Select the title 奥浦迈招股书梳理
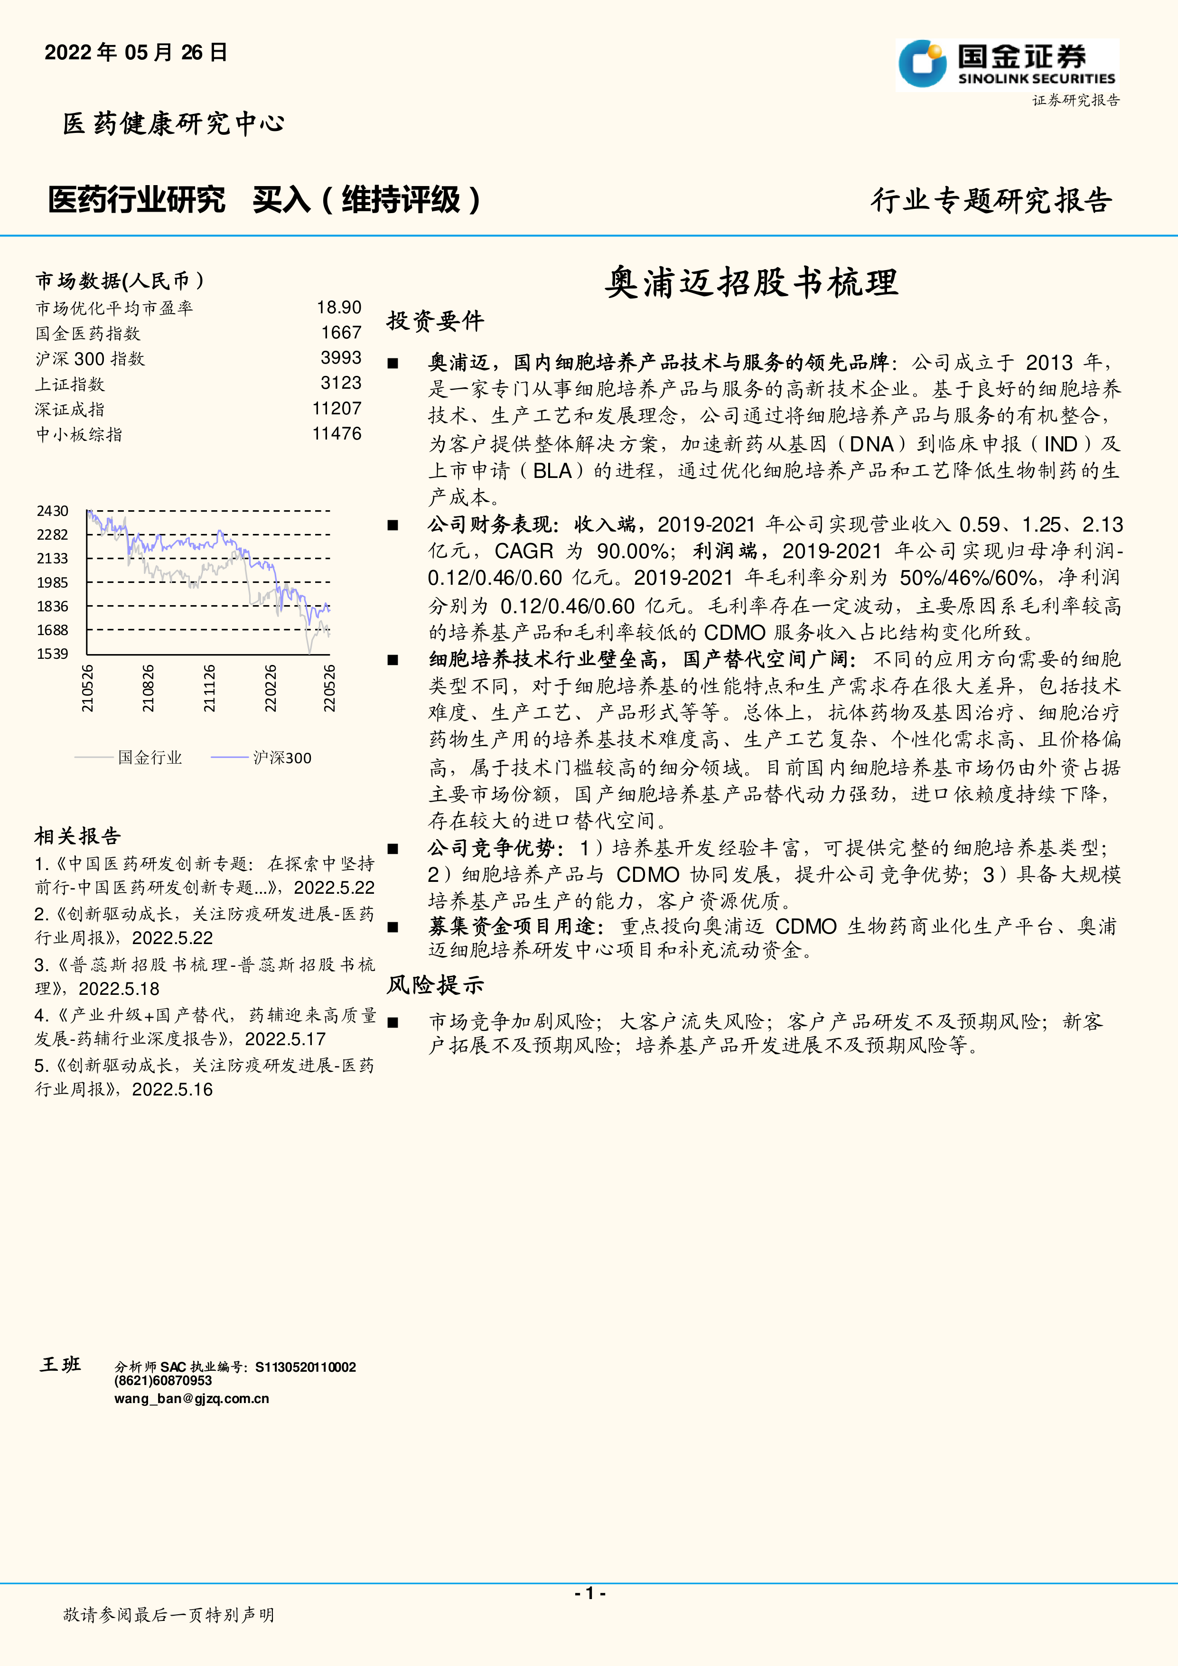tap(751, 282)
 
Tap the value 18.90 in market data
tap(339, 308)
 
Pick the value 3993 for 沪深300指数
tap(341, 358)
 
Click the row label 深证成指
tap(70, 409)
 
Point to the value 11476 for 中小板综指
tap(337, 434)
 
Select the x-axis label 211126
tap(209, 688)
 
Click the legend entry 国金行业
tap(150, 758)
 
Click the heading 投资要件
tap(434, 321)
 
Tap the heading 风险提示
tap(434, 985)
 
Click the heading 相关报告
tap(78, 836)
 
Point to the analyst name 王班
tap(60, 1364)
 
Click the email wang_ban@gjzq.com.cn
tap(191, 1398)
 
